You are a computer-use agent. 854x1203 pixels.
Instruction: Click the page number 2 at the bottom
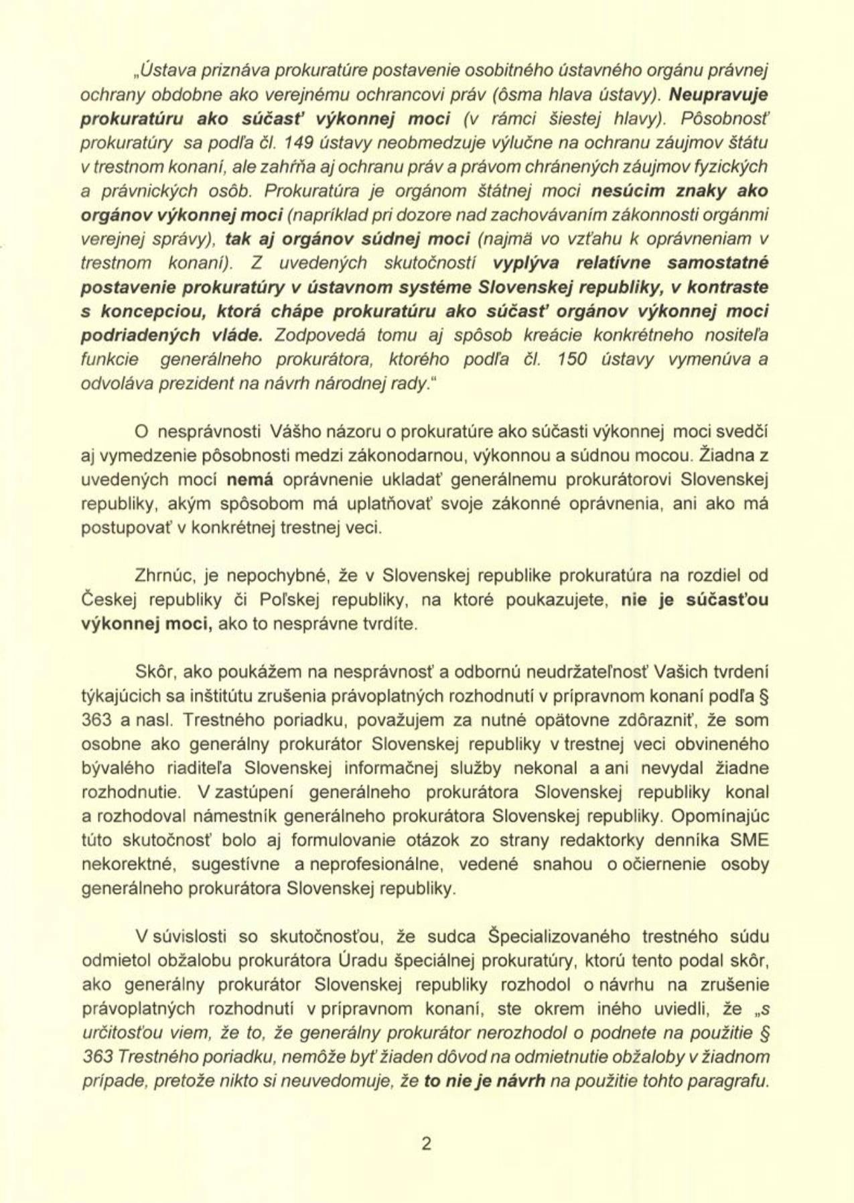pyautogui.click(x=427, y=1143)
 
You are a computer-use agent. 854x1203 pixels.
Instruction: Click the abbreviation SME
pyautogui.click(x=750, y=840)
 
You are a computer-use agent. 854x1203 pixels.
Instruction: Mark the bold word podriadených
pyautogui.click(x=140, y=335)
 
